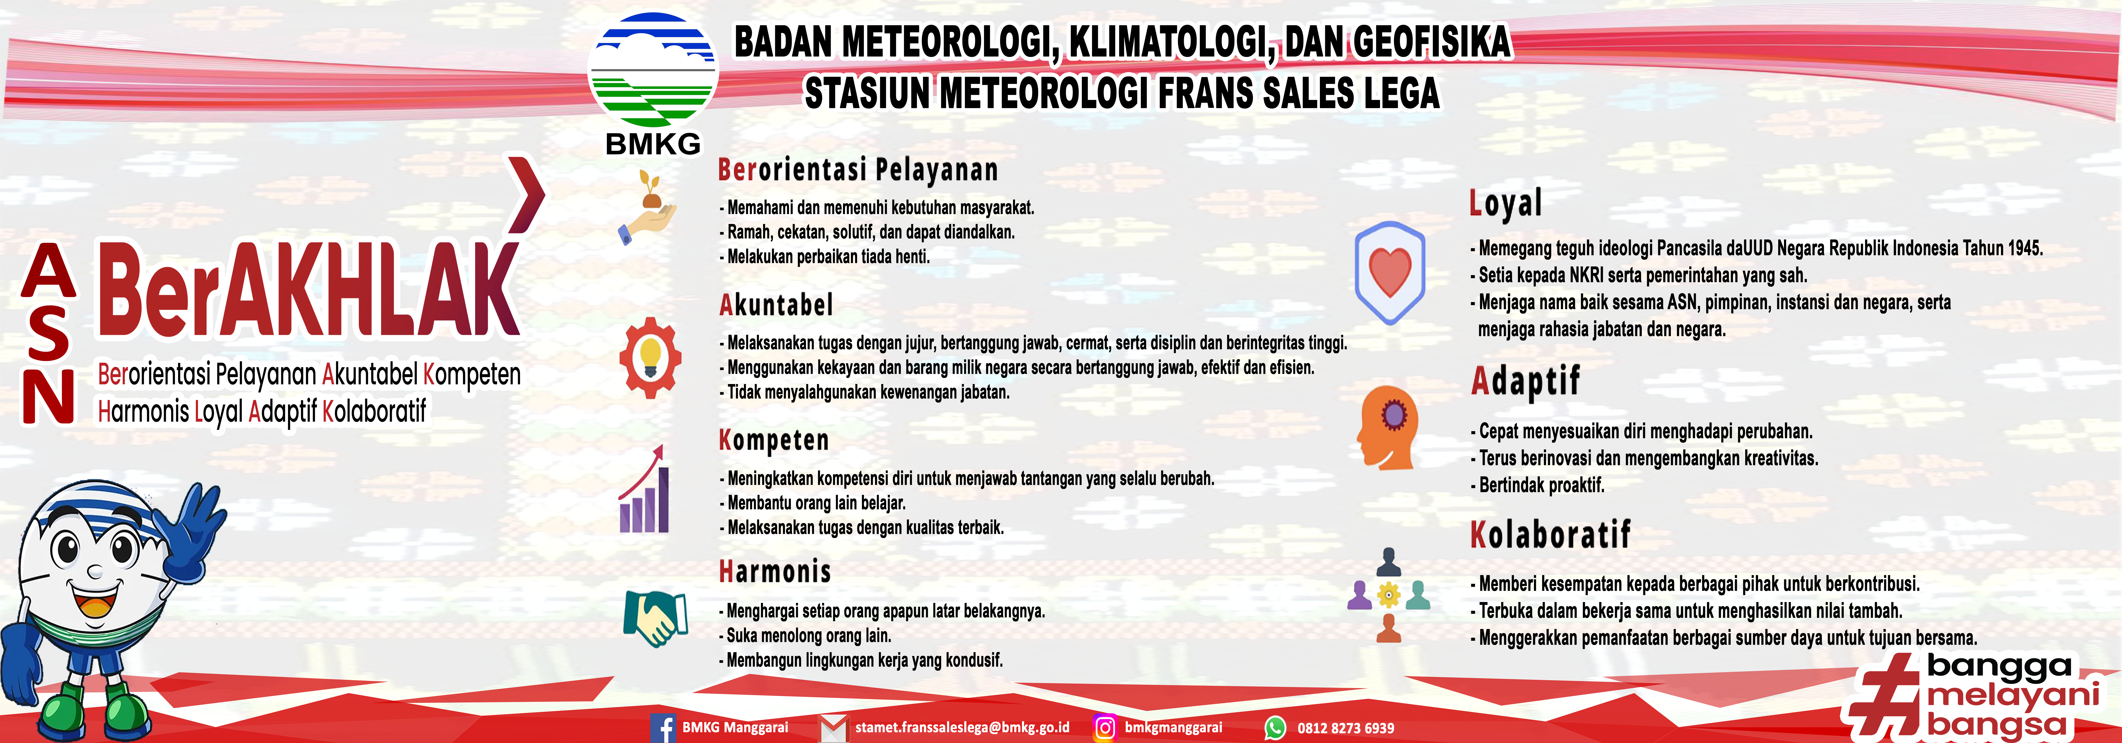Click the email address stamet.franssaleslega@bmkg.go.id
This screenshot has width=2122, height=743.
coord(962,727)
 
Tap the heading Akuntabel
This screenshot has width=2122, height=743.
coord(776,305)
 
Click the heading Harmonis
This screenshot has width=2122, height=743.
coord(774,571)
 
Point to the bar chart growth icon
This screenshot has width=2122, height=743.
coord(644,490)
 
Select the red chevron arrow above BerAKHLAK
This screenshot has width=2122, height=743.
coord(526,194)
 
